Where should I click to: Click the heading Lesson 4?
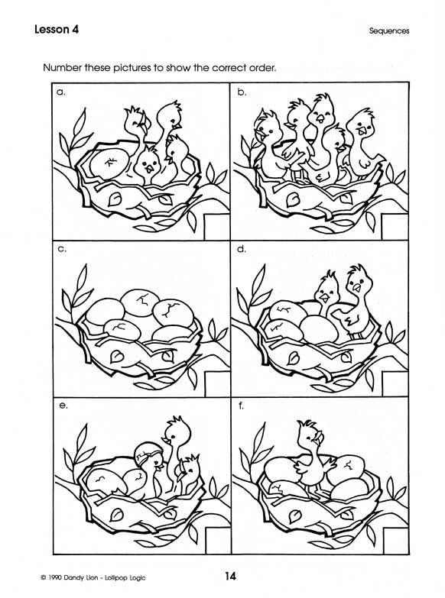(57, 29)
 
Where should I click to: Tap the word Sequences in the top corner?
(389, 31)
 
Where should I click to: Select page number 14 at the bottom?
(230, 576)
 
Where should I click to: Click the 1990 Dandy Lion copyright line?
(93, 577)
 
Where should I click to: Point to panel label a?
(60, 92)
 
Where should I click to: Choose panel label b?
(242, 92)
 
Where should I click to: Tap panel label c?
(61, 250)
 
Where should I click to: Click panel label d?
(242, 249)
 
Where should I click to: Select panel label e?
(63, 406)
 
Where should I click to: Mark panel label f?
(241, 406)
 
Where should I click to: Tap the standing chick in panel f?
(313, 457)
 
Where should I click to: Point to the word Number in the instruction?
(62, 68)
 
